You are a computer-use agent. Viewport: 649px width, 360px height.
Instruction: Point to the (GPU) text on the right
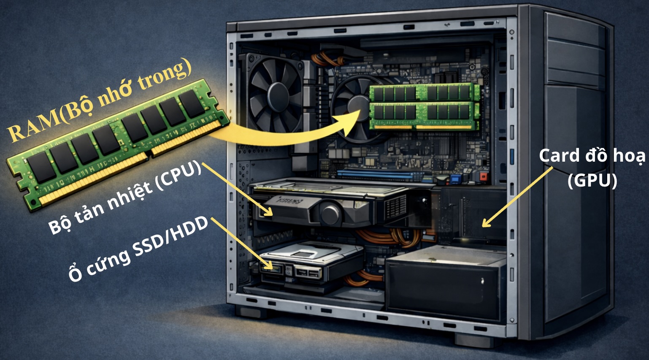592,181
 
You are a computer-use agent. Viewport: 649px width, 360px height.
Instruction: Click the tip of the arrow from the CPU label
272,215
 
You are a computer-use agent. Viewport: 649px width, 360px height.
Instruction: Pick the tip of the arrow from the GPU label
482,226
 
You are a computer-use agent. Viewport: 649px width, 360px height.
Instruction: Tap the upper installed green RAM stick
424,92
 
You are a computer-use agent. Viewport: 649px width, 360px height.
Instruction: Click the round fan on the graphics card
330,214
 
